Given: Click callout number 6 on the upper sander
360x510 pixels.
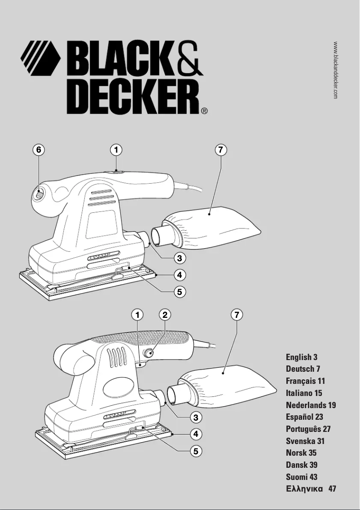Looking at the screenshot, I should [39, 150].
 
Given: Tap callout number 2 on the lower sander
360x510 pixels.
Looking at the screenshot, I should [165, 315].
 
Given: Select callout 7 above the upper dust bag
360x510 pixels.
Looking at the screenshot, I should [220, 150].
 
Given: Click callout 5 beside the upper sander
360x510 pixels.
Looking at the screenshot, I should [179, 291].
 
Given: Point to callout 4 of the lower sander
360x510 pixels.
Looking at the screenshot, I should [196, 434].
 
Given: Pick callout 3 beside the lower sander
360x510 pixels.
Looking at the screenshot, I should [196, 417].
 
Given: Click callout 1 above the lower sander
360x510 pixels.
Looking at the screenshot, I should [137, 315].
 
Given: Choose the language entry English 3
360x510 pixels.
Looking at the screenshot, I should [302, 357].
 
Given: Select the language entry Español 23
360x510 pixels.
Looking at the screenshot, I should [304, 417].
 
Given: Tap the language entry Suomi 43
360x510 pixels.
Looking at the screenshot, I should [302, 477].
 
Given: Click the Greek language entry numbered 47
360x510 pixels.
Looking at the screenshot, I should [311, 488].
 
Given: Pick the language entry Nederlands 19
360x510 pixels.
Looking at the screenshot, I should [311, 405].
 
